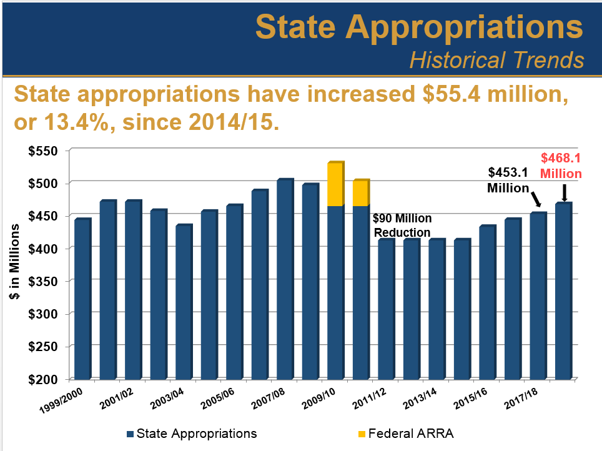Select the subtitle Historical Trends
point(496,60)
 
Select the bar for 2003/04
point(184,302)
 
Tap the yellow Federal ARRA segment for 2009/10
point(335,185)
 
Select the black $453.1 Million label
point(508,180)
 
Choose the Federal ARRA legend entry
point(409,433)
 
